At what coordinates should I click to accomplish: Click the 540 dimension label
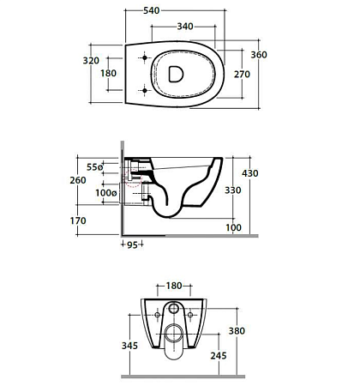coord(151,10)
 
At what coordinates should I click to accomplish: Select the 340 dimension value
coord(185,27)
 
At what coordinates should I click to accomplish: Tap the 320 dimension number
coord(91,61)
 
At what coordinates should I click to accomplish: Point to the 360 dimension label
coord(259,55)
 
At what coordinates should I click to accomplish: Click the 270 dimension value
coord(242,75)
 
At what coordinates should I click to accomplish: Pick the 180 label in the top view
coord(108,73)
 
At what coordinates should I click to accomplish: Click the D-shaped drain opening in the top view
coord(176,74)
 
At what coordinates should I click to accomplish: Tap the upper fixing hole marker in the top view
coord(145,57)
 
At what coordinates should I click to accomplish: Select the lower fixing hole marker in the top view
coord(145,91)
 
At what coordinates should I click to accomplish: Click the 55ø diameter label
coord(94,167)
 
